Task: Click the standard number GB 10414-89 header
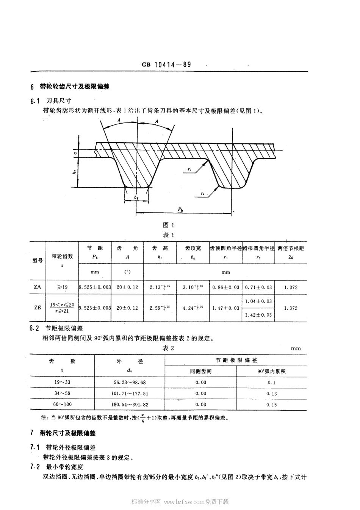(x=166, y=64)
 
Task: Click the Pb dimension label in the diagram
(x=181, y=209)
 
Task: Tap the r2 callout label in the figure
(x=202, y=194)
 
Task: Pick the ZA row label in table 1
(x=38, y=287)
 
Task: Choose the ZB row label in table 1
(x=38, y=308)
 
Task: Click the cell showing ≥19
(x=62, y=287)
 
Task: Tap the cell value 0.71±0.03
(x=258, y=287)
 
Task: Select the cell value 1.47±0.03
(x=226, y=308)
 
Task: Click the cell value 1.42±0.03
(x=258, y=315)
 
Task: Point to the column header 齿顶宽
(x=193, y=248)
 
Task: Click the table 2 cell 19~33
(x=62, y=382)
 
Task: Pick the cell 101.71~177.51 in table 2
(x=130, y=394)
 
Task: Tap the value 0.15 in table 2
(x=272, y=405)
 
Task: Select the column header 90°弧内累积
(x=271, y=371)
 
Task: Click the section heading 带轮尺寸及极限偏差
(x=68, y=433)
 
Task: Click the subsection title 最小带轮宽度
(x=64, y=466)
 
